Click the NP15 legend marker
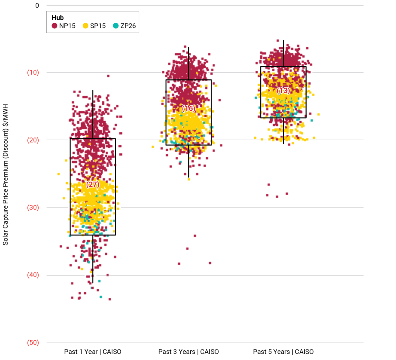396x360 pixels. [x=55, y=26]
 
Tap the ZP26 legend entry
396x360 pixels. [x=128, y=26]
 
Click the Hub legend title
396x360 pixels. [x=58, y=17]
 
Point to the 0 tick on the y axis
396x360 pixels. [x=37, y=5]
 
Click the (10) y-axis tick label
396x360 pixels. [x=32, y=72]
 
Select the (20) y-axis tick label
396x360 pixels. [x=32, y=140]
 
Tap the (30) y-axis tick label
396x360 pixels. [x=32, y=207]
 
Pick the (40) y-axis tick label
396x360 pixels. [x=32, y=275]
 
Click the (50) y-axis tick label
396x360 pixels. [x=32, y=343]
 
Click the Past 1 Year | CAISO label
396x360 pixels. [x=93, y=352]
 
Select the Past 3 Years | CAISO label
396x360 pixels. [x=188, y=352]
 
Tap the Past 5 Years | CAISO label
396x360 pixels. [x=283, y=352]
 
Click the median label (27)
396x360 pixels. [x=93, y=184]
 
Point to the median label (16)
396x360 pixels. [x=189, y=109]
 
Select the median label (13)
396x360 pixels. [x=283, y=91]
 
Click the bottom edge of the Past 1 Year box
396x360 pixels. [x=93, y=235]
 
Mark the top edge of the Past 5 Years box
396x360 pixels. [x=283, y=67]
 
